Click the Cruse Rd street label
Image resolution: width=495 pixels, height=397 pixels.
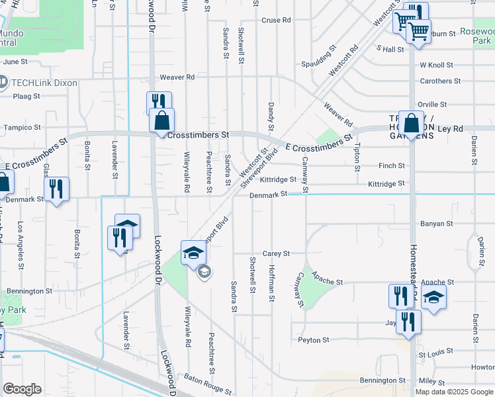click(x=276, y=21)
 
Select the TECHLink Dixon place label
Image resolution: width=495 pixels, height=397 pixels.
click(x=44, y=83)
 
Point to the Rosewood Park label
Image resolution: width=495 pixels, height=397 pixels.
click(x=477, y=36)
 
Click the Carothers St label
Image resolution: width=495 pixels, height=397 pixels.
click(x=440, y=81)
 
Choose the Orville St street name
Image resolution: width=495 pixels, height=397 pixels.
click(x=433, y=105)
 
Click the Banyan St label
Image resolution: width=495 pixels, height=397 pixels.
click(x=437, y=224)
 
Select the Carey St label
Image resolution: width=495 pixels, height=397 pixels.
click(x=277, y=253)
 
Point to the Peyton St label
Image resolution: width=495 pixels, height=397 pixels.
click(x=313, y=340)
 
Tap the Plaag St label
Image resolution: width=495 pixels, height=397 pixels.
click(x=26, y=96)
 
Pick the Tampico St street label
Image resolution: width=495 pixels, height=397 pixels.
click(x=23, y=128)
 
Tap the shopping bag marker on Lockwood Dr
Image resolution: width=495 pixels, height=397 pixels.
click(x=161, y=121)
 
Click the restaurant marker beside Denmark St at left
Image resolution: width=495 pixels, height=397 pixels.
click(x=57, y=189)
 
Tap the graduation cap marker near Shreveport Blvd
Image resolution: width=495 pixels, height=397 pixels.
click(x=193, y=253)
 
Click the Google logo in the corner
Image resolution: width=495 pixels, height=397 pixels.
click(x=22, y=388)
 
